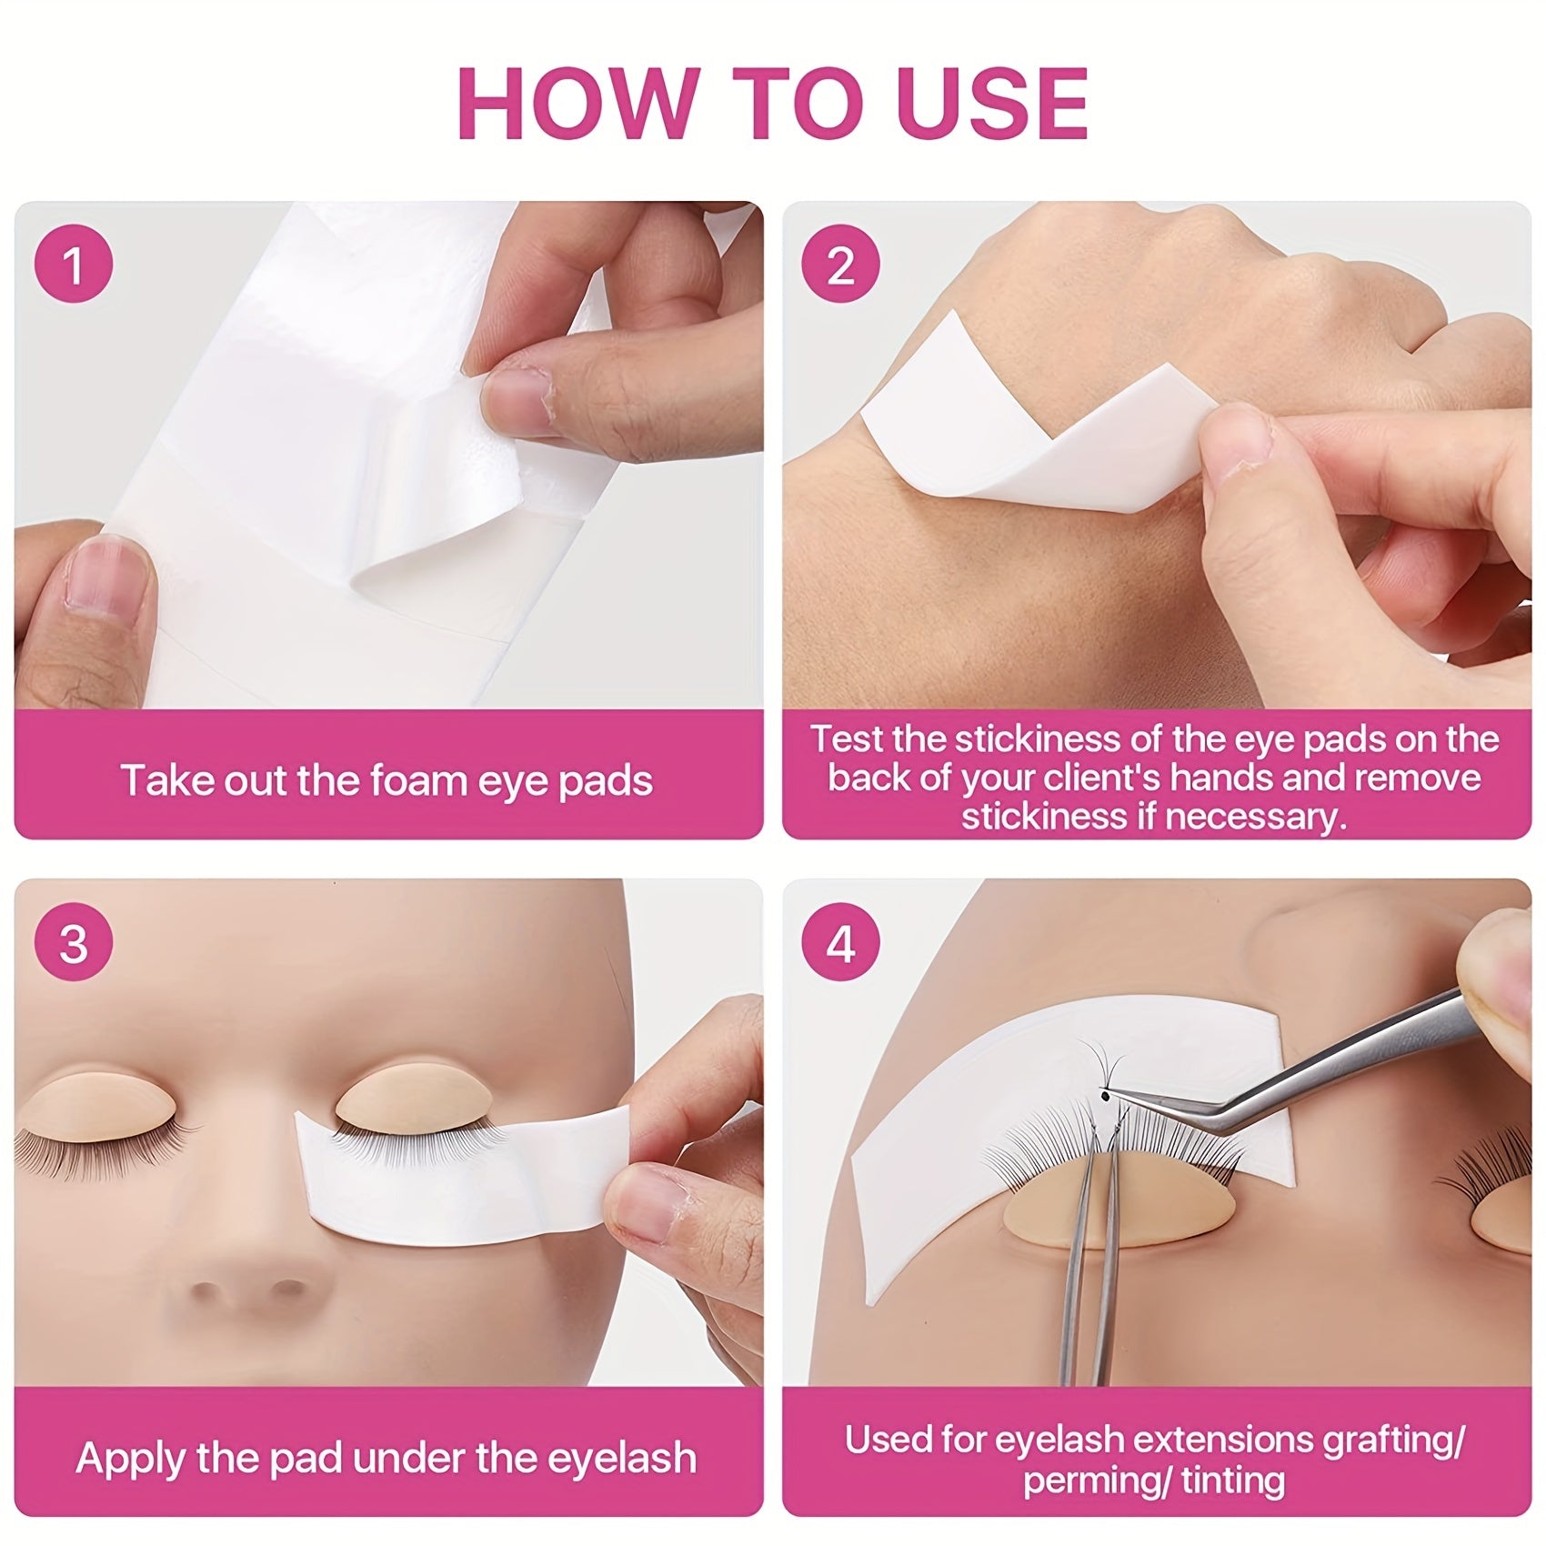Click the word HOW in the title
(578, 102)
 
